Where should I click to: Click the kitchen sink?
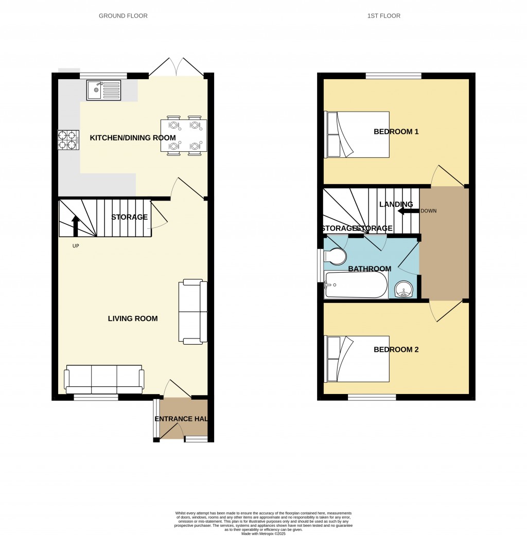[x=104, y=91]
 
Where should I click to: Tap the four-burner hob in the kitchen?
[x=68, y=138]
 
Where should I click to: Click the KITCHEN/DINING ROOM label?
[x=133, y=138]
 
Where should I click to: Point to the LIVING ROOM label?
[x=133, y=318]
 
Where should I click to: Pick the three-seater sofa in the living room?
[x=103, y=380]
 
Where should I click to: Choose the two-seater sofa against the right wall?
[x=193, y=311]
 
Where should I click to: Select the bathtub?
[x=356, y=285]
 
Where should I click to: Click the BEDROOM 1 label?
[x=396, y=132]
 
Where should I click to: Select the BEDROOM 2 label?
[x=396, y=350]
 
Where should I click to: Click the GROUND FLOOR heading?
[x=123, y=16]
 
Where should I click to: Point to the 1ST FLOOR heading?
[x=384, y=16]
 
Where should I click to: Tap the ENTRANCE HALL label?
[x=181, y=419]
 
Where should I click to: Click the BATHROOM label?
[x=370, y=269]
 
